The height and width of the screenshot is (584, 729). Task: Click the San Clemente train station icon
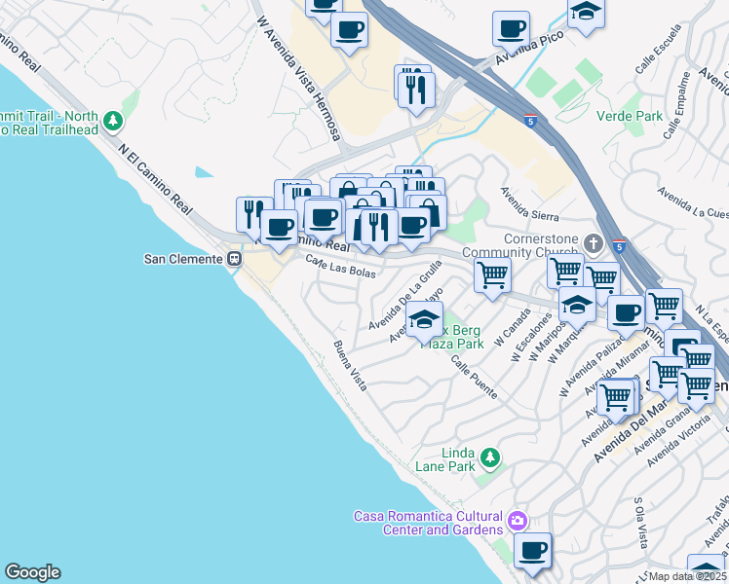click(x=234, y=259)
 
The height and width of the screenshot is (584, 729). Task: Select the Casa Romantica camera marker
click(x=517, y=523)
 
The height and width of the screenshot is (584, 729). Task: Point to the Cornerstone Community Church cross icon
click(x=595, y=241)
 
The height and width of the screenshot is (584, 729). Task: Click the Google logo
click(x=32, y=572)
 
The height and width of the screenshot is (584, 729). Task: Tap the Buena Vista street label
click(x=350, y=366)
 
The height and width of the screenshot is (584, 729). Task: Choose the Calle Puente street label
click(x=476, y=377)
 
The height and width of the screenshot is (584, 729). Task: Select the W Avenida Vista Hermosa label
click(x=298, y=78)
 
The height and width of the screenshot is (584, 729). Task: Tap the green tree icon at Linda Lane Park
click(x=490, y=456)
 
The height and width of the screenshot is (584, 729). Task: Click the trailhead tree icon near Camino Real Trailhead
click(x=114, y=121)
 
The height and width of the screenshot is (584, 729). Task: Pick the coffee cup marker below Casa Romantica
click(x=532, y=551)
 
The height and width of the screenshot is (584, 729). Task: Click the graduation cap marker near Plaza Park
click(x=425, y=320)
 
